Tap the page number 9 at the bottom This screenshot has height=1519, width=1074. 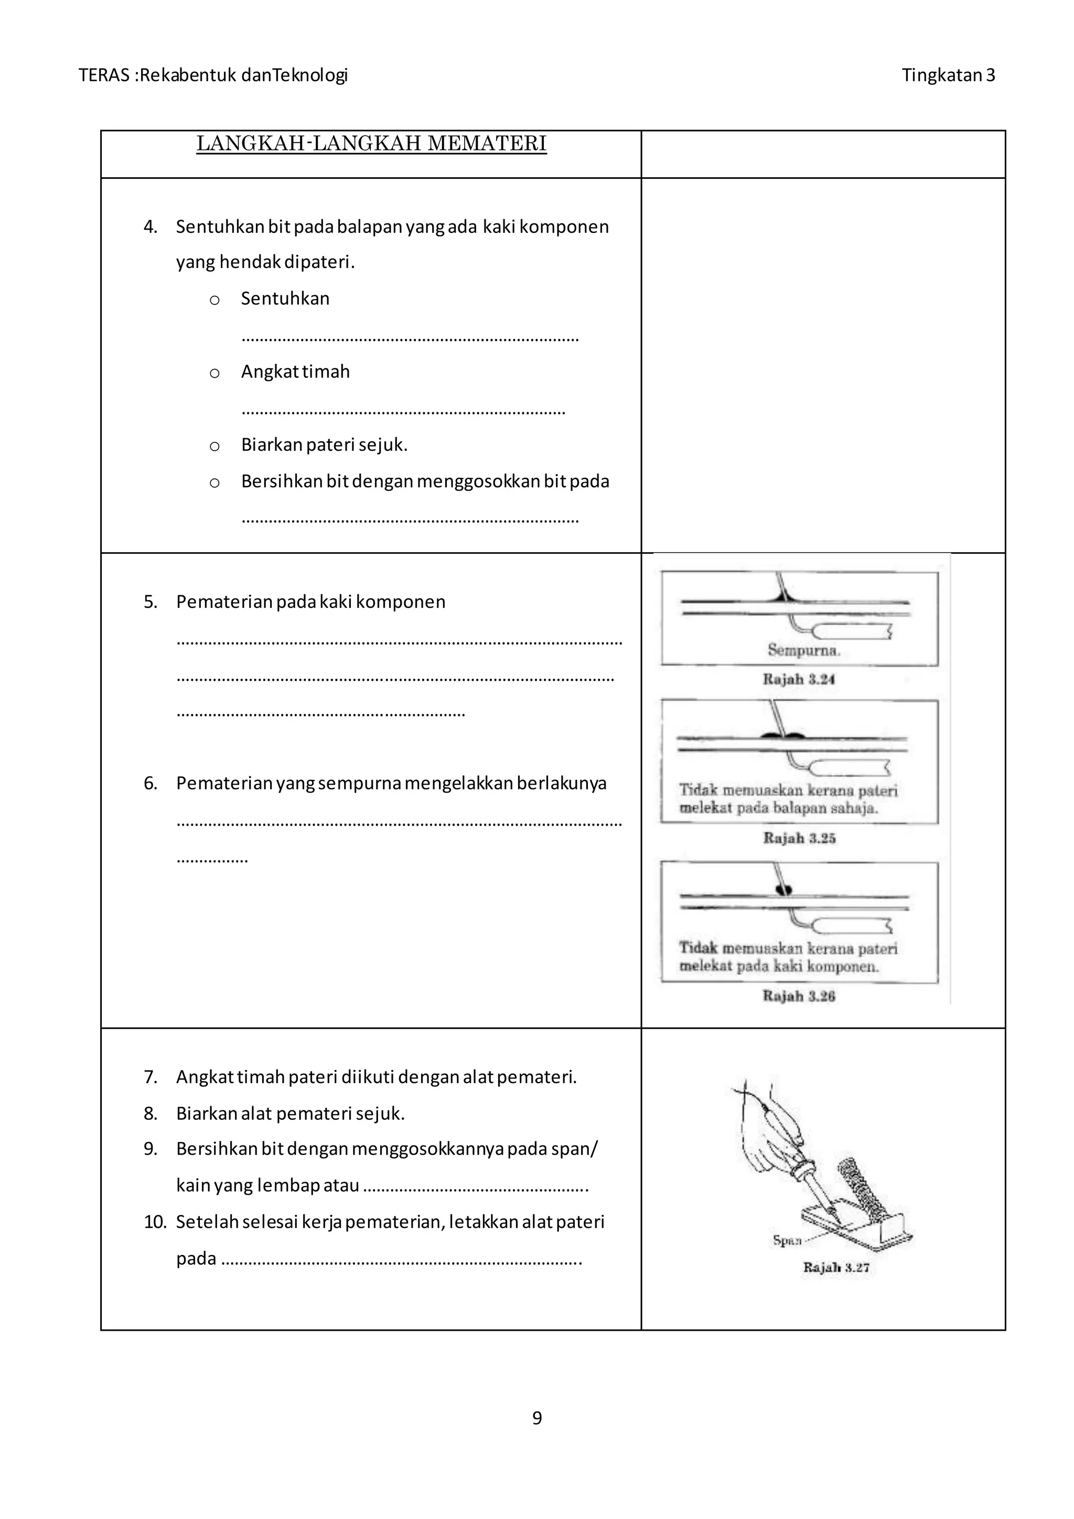point(537,1417)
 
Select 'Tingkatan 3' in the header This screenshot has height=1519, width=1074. point(948,75)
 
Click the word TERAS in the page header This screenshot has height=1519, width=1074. point(104,75)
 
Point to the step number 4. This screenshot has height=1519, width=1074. point(150,227)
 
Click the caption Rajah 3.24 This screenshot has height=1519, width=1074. point(798,679)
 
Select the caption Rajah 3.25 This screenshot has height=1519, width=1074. point(799,838)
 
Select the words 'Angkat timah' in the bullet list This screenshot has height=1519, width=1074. point(295,372)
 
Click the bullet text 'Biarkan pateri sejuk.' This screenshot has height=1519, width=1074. point(324,445)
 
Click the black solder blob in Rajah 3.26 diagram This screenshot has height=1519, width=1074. point(785,890)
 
